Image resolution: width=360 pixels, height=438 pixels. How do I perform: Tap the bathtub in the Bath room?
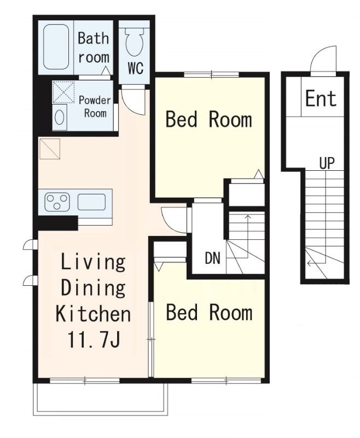[x=56, y=47]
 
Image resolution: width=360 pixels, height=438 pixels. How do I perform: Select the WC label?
[x=136, y=67]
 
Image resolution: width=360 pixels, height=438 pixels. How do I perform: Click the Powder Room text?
[x=95, y=107]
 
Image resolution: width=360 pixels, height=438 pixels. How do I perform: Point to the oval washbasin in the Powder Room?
[x=60, y=117]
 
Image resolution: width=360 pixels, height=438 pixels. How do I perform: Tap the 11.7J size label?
[x=94, y=340]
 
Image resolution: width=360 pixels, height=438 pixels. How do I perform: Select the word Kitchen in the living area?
[x=93, y=314]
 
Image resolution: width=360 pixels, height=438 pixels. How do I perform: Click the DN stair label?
[x=213, y=258]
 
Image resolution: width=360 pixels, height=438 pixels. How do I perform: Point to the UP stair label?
[x=327, y=163]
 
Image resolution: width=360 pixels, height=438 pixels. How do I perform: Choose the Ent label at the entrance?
[x=321, y=99]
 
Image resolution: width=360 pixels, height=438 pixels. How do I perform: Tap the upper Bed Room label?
[x=209, y=119]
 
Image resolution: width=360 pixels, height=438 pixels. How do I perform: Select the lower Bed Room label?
[x=209, y=312]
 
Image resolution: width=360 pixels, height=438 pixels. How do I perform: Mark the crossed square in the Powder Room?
[x=63, y=92]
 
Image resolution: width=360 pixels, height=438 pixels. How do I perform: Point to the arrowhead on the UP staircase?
[x=309, y=263]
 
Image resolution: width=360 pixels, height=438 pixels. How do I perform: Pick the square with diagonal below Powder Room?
[x=50, y=149]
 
